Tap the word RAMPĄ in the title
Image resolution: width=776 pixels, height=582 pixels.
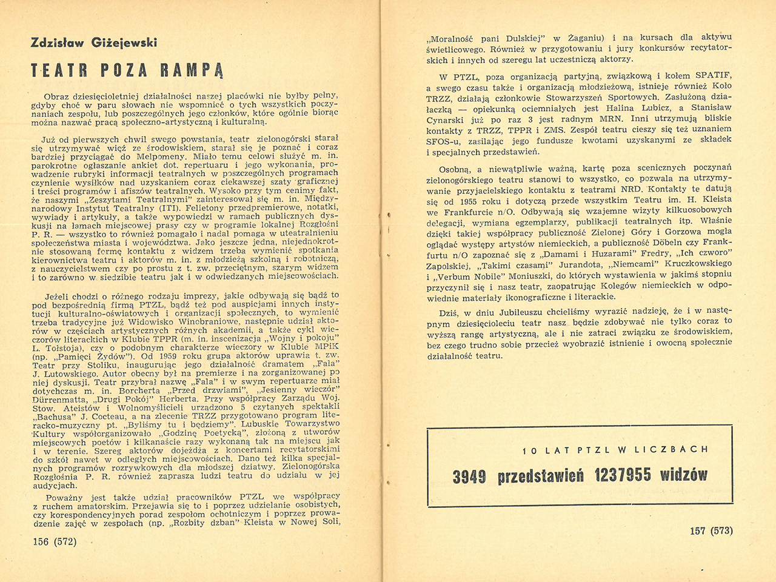pos(192,70)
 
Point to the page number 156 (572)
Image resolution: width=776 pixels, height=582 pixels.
pos(55,541)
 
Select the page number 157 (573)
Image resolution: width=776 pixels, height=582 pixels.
pos(711,531)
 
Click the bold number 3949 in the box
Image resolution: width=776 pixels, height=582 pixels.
pos(469,476)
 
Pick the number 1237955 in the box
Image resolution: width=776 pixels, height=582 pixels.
pos(623,475)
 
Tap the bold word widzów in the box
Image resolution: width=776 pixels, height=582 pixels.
pos(684,475)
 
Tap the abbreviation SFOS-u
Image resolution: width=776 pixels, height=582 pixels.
pos(444,141)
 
